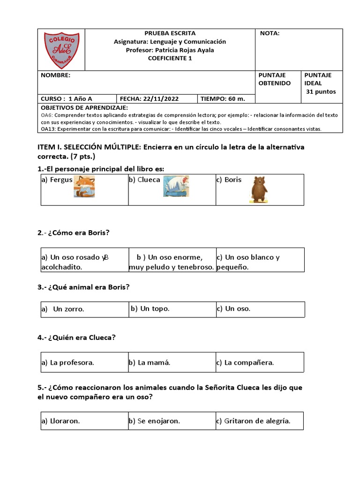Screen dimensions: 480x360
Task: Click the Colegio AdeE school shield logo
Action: click(61, 50)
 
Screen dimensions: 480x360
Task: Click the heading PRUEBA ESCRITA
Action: click(170, 33)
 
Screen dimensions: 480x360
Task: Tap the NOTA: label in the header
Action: click(270, 33)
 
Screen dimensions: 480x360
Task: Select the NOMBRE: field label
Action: click(55, 75)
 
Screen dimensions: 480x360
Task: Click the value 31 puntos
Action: click(321, 92)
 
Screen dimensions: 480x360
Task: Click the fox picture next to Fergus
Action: click(84, 186)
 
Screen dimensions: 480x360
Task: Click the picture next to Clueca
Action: click(176, 186)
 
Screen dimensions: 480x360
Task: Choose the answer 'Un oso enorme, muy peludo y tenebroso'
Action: click(172, 262)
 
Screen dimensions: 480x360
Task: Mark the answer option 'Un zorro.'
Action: click(68, 309)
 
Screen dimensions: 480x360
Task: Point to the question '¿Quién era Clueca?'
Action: click(77, 337)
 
